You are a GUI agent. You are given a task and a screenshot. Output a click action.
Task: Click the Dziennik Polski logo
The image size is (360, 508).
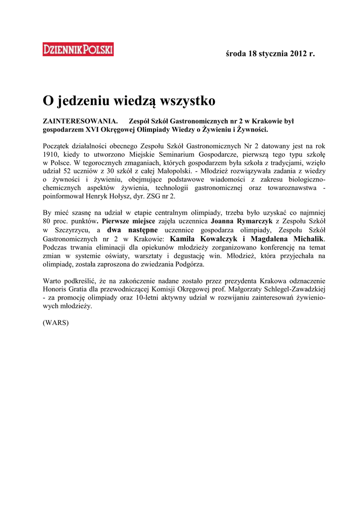(78, 50)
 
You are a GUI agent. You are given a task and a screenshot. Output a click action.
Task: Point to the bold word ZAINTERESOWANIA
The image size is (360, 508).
(80, 121)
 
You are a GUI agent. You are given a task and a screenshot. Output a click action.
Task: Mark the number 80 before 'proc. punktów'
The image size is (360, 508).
(48, 222)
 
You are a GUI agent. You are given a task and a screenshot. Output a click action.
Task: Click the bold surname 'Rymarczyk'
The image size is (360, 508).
(251, 222)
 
